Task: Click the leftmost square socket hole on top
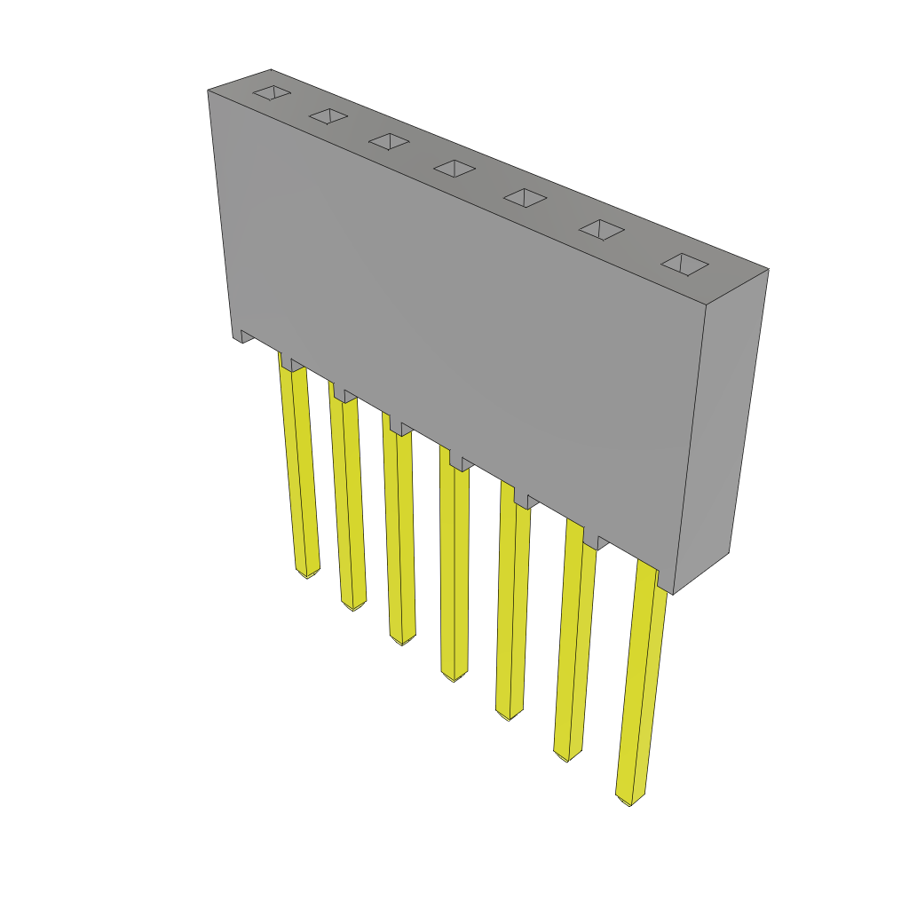coord(272,92)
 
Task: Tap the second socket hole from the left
coord(328,116)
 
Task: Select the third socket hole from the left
coord(389,141)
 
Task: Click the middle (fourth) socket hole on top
coord(454,168)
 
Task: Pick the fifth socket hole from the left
coord(525,198)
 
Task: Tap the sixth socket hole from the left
coord(601,230)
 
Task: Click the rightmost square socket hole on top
coord(684,264)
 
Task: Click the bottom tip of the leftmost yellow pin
coord(306,573)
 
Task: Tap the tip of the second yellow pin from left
coord(353,605)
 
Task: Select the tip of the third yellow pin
coord(401,639)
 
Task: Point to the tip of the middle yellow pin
coord(454,676)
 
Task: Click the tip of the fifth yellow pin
coord(509,715)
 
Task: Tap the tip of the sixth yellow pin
coord(567,756)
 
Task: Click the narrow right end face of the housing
coord(720,426)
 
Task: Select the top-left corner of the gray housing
coord(209,91)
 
